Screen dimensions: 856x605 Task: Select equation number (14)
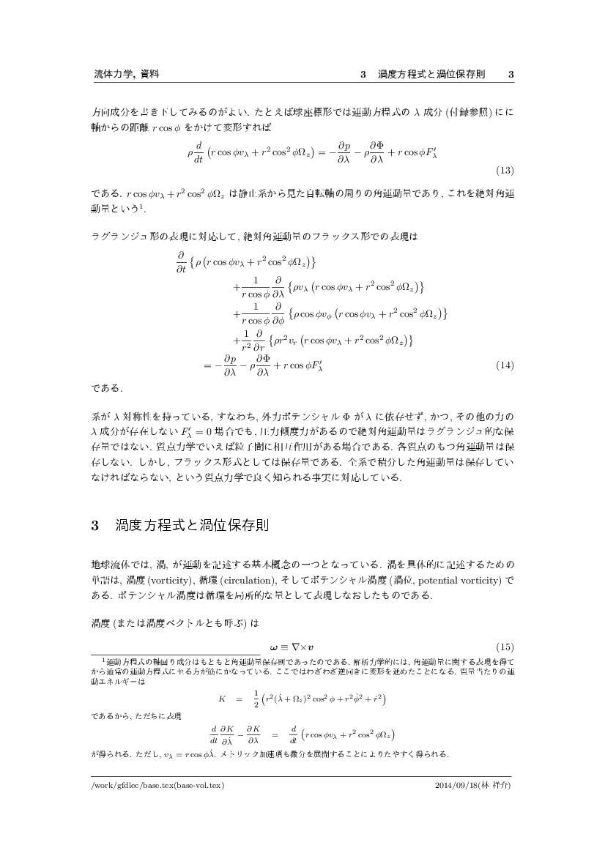pos(505,364)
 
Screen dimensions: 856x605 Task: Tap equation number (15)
pos(505,646)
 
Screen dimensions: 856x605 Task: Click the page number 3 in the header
pos(511,75)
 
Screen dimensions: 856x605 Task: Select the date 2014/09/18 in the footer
pos(457,785)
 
